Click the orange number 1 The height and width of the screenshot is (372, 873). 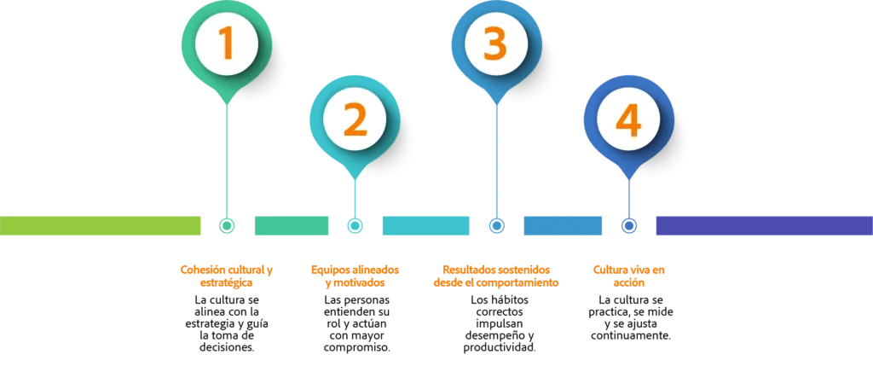click(x=226, y=44)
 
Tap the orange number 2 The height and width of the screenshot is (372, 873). click(x=355, y=120)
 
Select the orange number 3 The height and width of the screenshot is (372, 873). click(x=494, y=44)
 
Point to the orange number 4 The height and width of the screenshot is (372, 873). click(x=628, y=120)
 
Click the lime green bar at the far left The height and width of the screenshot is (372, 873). click(x=101, y=225)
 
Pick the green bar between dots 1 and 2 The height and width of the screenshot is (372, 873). click(x=291, y=225)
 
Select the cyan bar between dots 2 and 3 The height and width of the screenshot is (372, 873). click(x=425, y=225)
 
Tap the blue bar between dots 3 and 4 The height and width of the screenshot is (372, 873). click(x=562, y=225)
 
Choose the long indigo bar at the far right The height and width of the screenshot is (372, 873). click(x=763, y=225)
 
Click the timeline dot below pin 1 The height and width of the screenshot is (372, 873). click(x=227, y=225)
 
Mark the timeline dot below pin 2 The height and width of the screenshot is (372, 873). click(x=355, y=225)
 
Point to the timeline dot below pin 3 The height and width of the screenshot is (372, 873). click(x=494, y=225)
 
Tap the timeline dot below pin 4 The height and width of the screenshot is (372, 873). click(x=629, y=225)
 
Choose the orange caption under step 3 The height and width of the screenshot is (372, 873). click(x=495, y=276)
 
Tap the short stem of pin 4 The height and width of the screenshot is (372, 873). click(x=629, y=195)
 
